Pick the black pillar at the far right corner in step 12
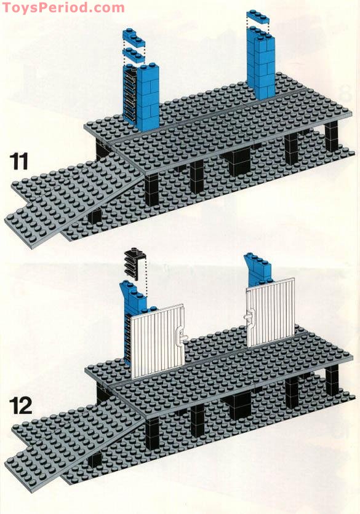332,380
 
